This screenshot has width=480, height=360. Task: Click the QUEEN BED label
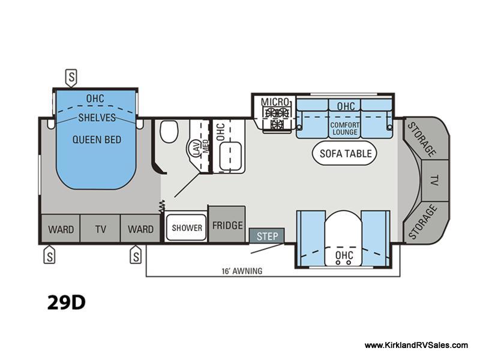[97, 140]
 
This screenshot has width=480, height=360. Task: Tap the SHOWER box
[187, 227]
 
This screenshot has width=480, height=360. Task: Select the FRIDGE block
[227, 224]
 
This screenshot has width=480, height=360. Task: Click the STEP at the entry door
[267, 236]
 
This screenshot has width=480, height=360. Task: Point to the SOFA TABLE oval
[344, 153]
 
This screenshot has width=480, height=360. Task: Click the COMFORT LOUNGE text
[345, 128]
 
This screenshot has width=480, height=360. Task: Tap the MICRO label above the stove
[275, 102]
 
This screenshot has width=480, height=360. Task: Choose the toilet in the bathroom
[169, 131]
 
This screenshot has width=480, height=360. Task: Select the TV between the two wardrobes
[100, 229]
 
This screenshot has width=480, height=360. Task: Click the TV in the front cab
[434, 181]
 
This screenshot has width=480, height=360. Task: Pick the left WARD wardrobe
[61, 229]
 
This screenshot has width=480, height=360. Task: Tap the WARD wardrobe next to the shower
[140, 229]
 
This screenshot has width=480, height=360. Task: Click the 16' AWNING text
[242, 271]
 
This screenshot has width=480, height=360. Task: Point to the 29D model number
[66, 302]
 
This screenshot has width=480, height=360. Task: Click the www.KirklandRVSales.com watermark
[416, 346]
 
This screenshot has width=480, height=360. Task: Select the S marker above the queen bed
[71, 77]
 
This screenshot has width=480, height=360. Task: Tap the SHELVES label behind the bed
[97, 118]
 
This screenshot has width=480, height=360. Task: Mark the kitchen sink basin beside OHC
[230, 156]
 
